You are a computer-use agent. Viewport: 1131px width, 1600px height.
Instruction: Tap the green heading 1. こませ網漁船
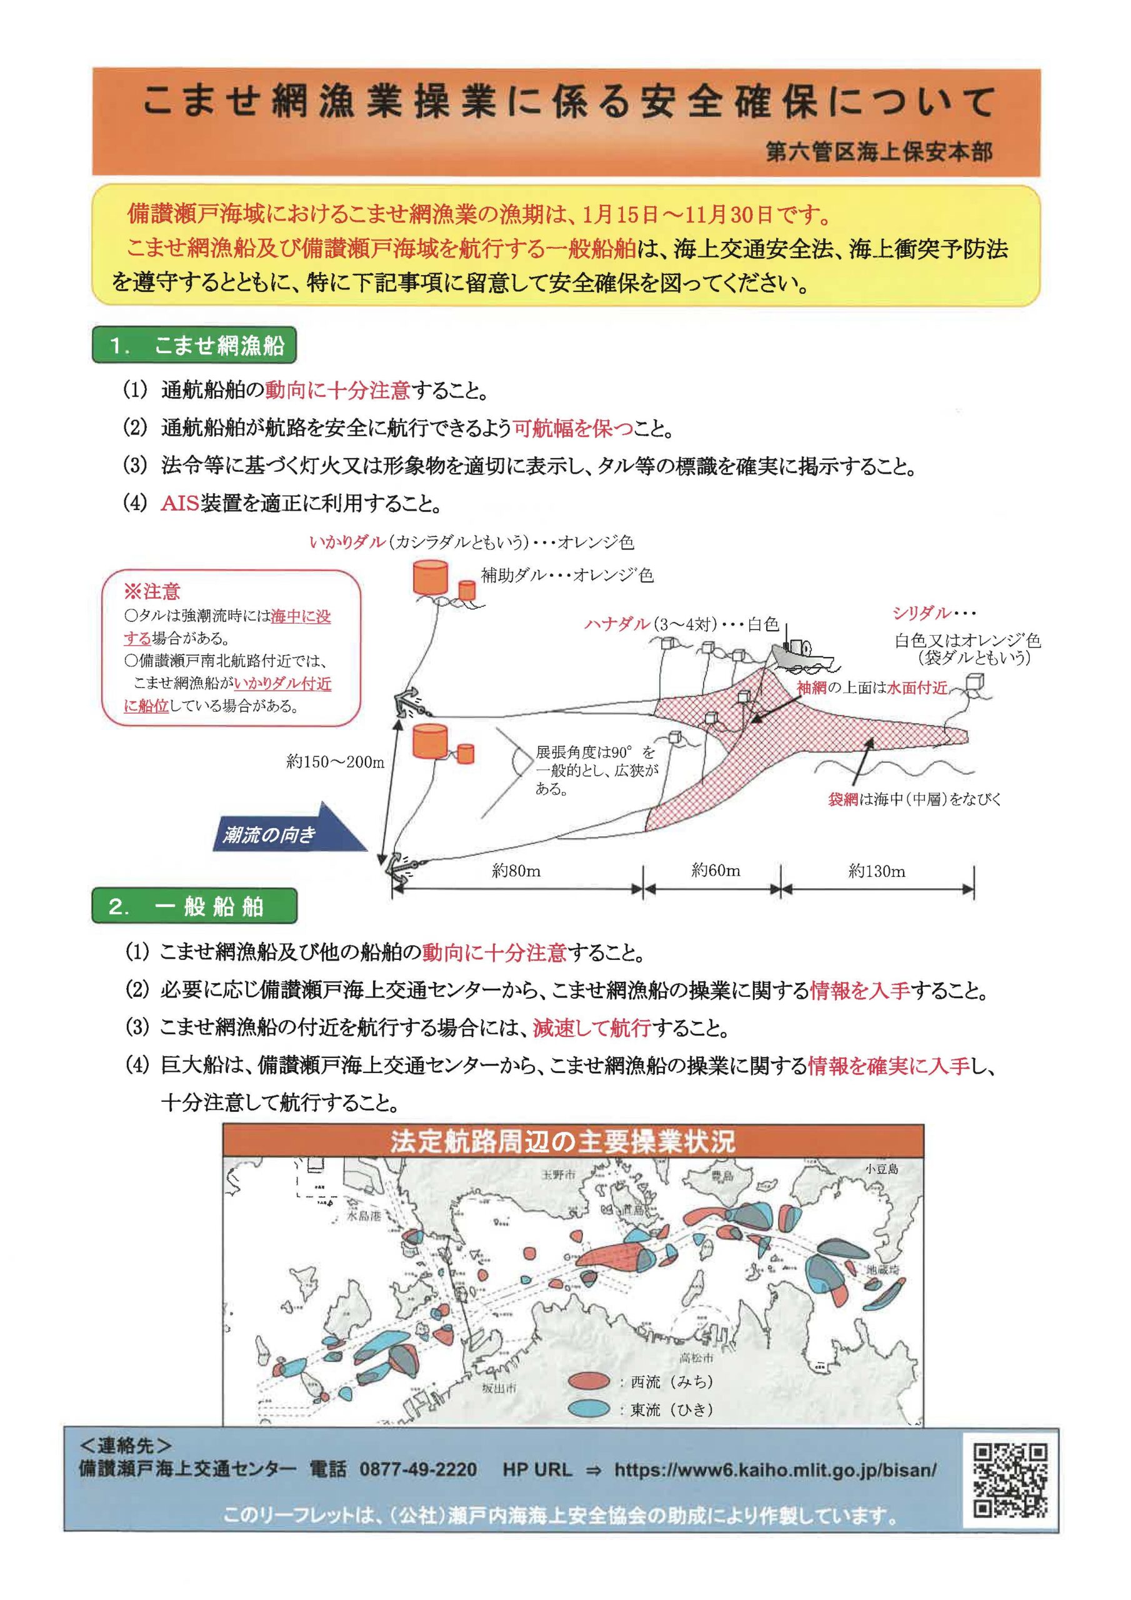tap(194, 346)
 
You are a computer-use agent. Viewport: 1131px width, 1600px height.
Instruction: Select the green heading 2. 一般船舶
tap(194, 907)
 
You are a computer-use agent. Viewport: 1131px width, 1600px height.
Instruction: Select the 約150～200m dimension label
tap(334, 762)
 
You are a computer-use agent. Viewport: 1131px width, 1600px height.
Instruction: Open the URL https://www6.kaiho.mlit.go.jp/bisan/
tap(775, 1469)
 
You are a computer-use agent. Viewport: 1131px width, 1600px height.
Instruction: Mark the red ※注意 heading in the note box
tap(152, 592)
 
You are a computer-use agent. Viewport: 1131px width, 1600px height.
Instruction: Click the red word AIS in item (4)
tap(180, 503)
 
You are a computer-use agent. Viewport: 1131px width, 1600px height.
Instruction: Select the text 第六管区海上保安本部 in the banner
tap(879, 153)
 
